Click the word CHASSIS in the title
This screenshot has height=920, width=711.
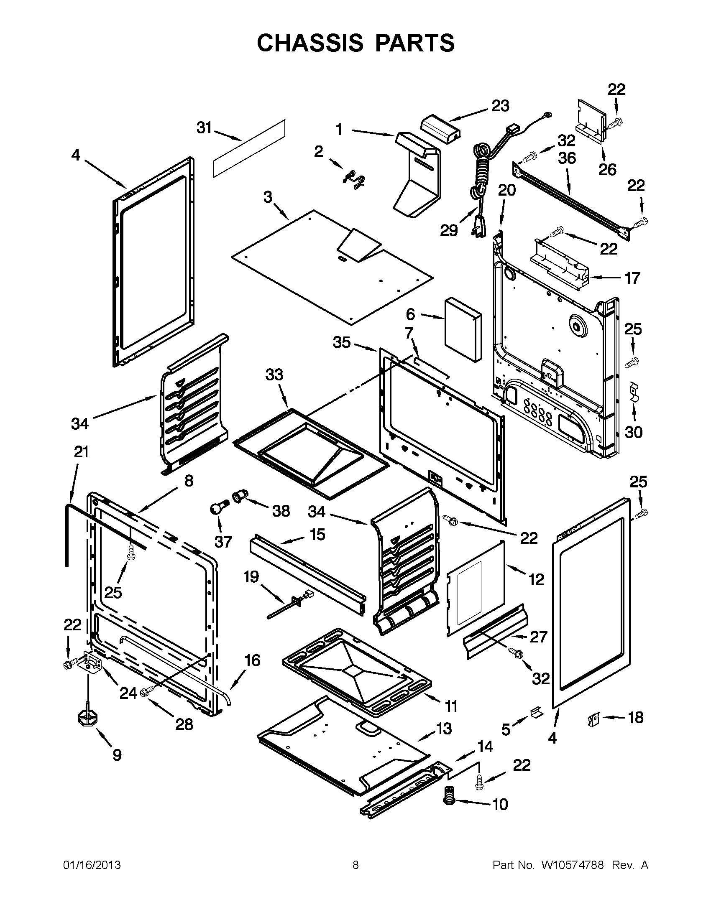pyautogui.click(x=310, y=43)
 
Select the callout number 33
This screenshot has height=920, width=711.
pyautogui.click(x=274, y=375)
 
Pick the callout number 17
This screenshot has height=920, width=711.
pyautogui.click(x=632, y=278)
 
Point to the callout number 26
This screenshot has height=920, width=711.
pyautogui.click(x=607, y=170)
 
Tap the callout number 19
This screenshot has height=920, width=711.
pyautogui.click(x=251, y=577)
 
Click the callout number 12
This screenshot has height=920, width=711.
pyautogui.click(x=536, y=580)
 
